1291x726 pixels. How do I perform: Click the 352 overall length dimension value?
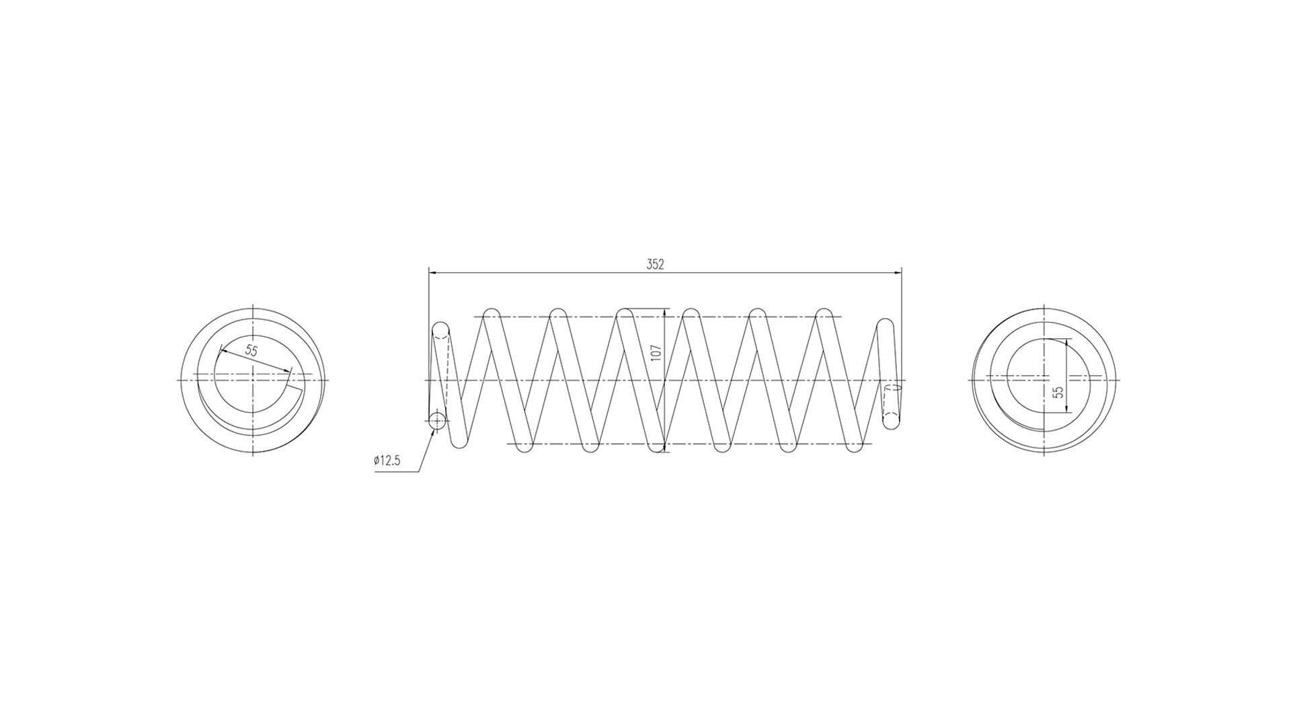(655, 264)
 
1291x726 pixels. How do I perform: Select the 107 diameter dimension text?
(657, 353)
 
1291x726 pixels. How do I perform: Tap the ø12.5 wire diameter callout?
(387, 461)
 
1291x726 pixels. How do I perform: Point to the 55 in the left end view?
(251, 350)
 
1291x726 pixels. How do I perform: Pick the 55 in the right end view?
(1058, 393)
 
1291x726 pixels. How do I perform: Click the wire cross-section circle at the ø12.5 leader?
(437, 421)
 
